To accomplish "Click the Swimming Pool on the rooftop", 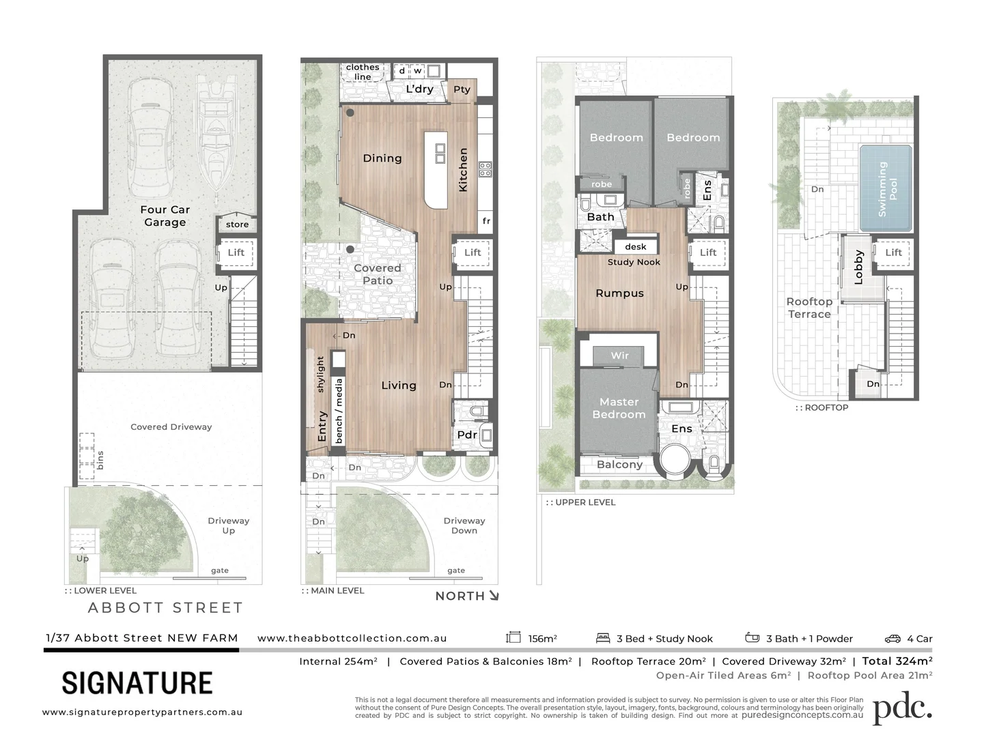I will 886,189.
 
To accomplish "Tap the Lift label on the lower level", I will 236,252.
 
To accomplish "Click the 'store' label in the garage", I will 237,225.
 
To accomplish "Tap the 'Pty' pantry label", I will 462,89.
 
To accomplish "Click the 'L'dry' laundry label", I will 419,89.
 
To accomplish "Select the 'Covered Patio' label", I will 378,274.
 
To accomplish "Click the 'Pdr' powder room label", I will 467,435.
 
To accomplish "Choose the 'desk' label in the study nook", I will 635,247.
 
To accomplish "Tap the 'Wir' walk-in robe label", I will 619,356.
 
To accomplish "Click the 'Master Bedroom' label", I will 619,408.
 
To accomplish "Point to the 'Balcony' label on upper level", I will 619,465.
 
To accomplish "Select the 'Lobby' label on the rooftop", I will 858,268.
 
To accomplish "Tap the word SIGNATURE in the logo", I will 137,683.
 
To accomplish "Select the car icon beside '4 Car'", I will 892,639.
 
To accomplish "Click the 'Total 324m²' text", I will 897,661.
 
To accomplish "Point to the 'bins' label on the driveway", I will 100,459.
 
